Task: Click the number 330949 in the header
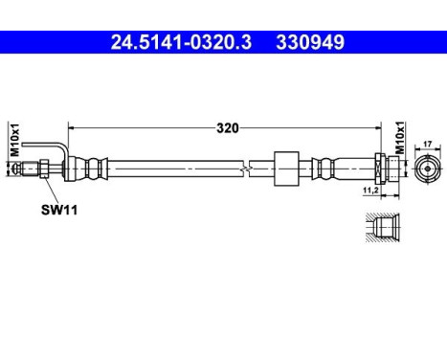308,42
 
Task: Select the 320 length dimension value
227,126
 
